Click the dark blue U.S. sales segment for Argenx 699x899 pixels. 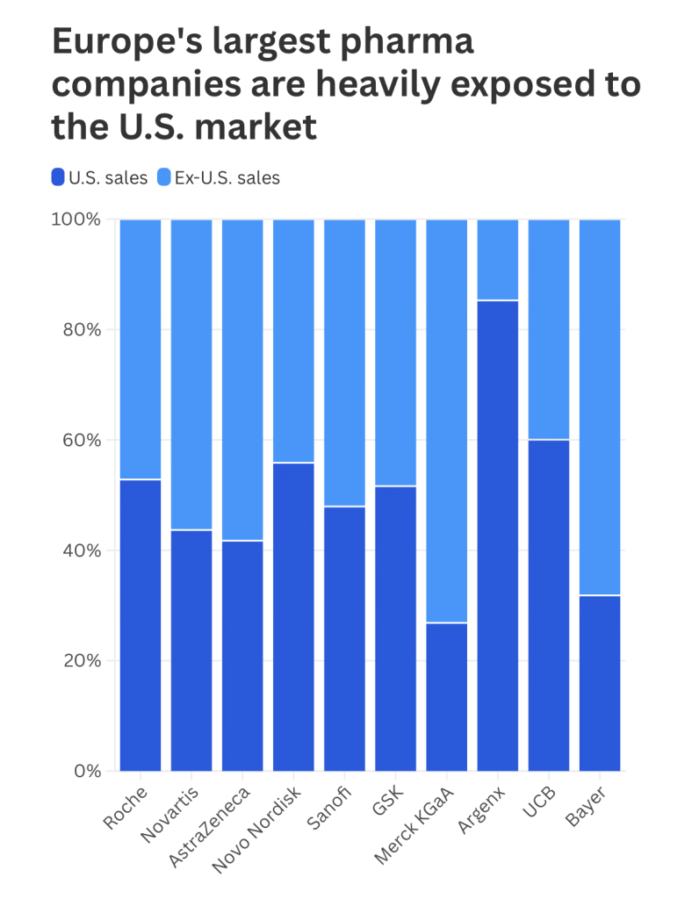(498, 536)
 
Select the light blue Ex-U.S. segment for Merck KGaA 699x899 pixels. (447, 421)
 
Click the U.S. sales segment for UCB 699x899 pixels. (549, 605)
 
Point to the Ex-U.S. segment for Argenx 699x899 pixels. (498, 260)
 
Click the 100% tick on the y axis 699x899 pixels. (79, 219)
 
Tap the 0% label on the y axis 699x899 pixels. (88, 772)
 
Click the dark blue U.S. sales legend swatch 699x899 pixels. (58, 177)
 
